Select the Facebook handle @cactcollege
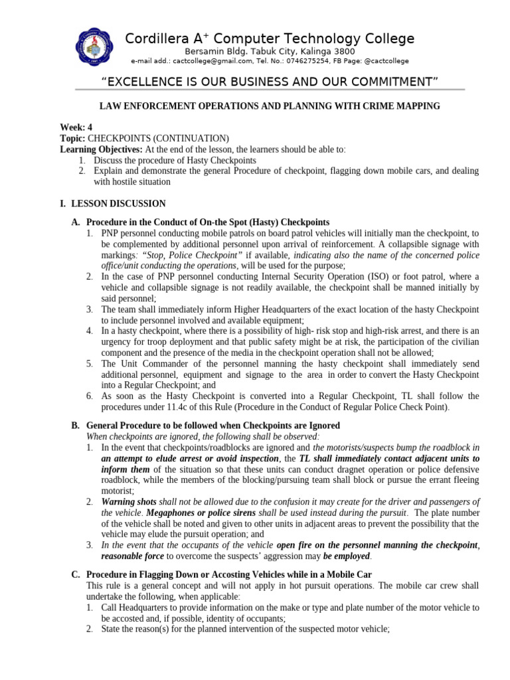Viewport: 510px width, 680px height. [386, 61]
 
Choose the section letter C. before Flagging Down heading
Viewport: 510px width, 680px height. [76, 575]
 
